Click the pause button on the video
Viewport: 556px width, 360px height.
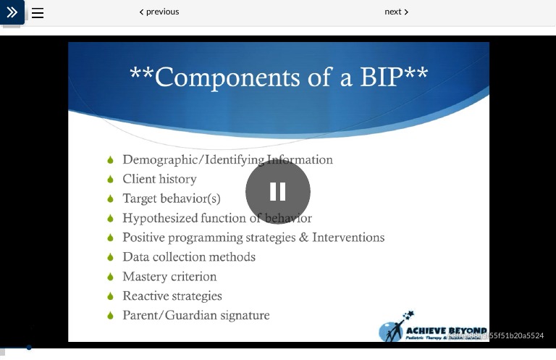(x=278, y=192)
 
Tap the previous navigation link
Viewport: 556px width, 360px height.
(x=159, y=12)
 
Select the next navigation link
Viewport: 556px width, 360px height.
(x=396, y=12)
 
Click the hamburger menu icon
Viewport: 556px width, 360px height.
(x=38, y=13)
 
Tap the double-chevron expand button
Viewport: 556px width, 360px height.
(x=12, y=12)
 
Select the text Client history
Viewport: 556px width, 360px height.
(x=159, y=179)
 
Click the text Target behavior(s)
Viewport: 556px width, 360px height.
(x=171, y=198)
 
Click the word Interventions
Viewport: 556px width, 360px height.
(x=348, y=238)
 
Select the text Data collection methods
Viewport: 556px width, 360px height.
(x=188, y=257)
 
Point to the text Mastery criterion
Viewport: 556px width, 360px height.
(x=169, y=277)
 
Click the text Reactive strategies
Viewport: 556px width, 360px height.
(x=172, y=296)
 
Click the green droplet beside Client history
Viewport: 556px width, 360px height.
(x=111, y=179)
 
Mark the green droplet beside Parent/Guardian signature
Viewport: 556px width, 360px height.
(x=111, y=316)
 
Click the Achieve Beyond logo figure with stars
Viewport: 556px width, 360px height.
(x=395, y=327)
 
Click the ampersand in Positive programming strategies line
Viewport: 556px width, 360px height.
(x=303, y=238)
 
